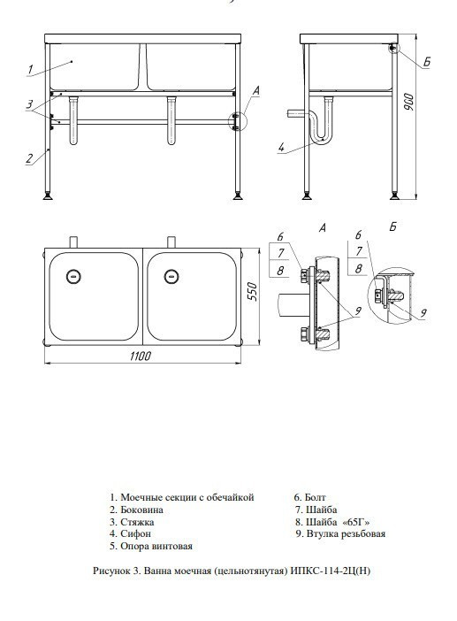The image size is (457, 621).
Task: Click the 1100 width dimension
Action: (141, 356)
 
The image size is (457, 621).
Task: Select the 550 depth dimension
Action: (252, 292)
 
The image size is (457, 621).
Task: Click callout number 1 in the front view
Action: (31, 69)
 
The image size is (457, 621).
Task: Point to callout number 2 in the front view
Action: (29, 158)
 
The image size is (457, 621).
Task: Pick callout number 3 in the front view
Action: (30, 104)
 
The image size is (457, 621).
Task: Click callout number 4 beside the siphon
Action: (281, 148)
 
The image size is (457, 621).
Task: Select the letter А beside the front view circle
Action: (255, 91)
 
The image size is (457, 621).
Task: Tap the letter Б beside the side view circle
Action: (426, 62)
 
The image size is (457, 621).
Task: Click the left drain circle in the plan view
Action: (73, 276)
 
